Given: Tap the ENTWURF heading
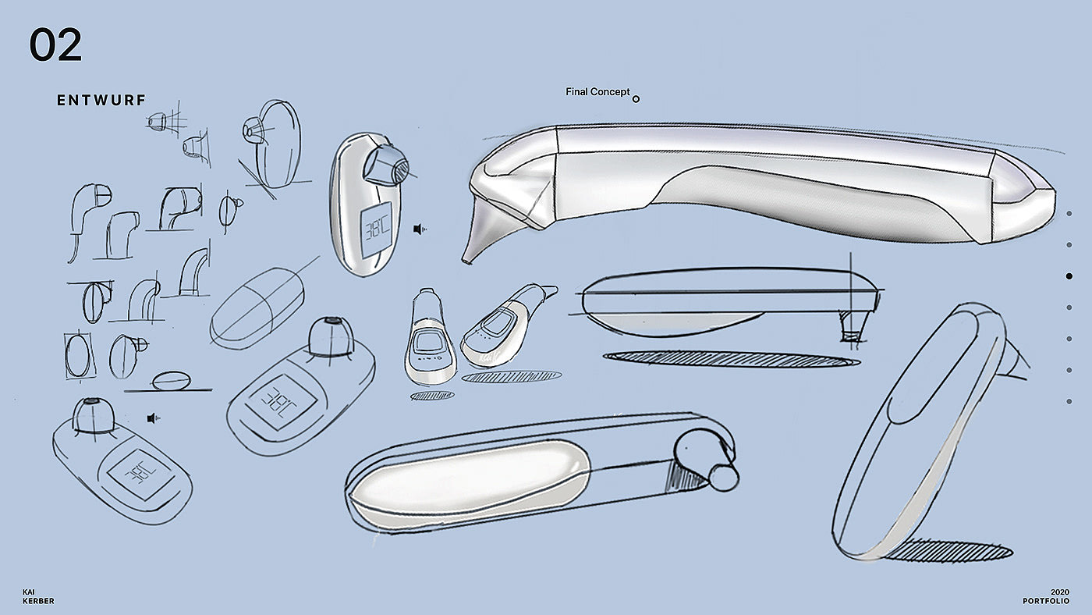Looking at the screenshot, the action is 101,100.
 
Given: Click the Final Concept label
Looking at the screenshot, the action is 597,92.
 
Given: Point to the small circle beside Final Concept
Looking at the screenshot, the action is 636,99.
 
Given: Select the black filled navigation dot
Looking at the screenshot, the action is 1069,276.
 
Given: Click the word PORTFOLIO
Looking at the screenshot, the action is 1046,601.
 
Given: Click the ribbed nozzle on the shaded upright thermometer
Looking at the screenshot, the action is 392,165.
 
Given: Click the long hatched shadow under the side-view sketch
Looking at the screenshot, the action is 731,359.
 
